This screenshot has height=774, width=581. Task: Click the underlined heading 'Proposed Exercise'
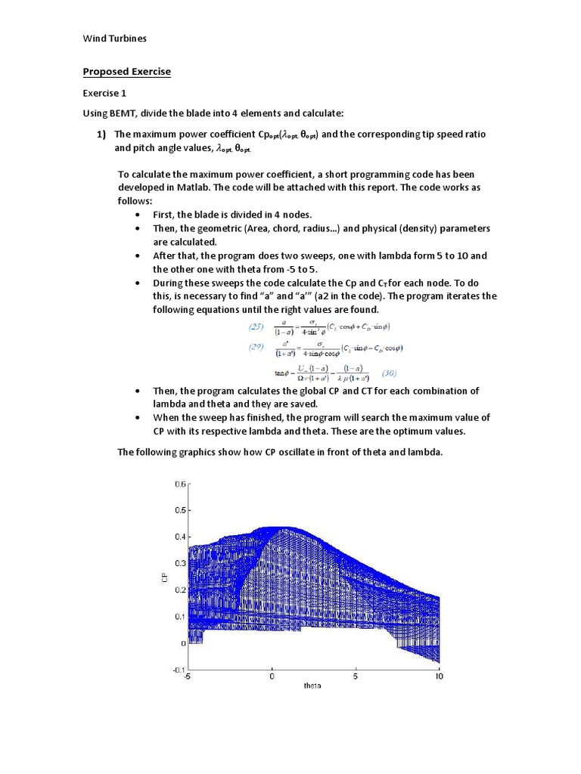click(x=126, y=72)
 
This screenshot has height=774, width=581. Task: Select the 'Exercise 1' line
click(x=106, y=93)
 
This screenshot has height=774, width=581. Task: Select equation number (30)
click(x=389, y=373)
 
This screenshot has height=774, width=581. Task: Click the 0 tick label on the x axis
click(x=272, y=677)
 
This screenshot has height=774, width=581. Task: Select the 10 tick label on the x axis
click(x=438, y=677)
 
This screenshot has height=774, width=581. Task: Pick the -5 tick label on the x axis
click(x=187, y=677)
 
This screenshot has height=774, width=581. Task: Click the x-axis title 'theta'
click(x=312, y=686)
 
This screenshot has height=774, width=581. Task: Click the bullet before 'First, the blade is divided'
click(x=138, y=215)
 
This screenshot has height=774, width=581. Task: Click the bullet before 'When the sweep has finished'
click(x=138, y=418)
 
